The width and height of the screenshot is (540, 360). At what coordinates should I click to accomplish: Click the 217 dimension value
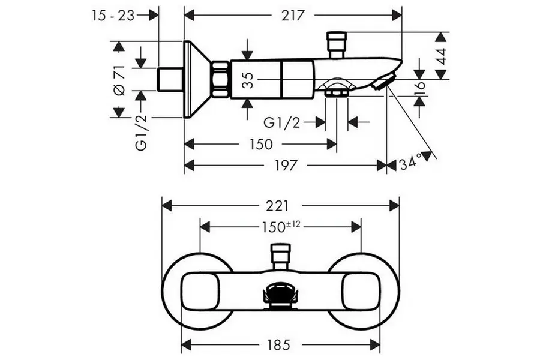click(293, 16)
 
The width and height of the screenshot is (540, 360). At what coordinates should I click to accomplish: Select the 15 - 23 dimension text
click(113, 16)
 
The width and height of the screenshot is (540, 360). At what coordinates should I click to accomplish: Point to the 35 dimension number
click(250, 80)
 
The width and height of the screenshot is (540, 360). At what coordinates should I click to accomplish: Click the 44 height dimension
click(442, 56)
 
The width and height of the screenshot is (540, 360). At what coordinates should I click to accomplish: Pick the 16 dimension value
click(421, 89)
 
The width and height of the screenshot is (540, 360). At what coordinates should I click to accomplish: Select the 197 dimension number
click(286, 166)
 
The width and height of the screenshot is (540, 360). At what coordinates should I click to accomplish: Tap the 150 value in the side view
click(261, 145)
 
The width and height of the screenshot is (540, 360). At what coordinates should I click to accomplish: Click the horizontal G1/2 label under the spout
click(282, 122)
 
